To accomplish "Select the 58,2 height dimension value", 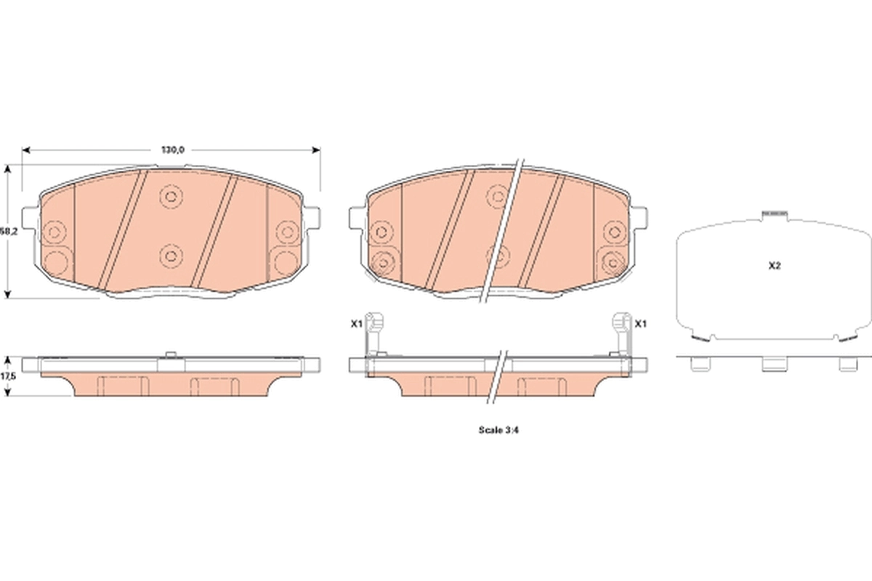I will (8, 231).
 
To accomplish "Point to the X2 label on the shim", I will (774, 266).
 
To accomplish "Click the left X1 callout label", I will (355, 324).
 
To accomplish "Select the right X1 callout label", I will (640, 324).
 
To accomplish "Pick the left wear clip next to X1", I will (374, 333).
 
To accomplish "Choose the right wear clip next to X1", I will (621, 333).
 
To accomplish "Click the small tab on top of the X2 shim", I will (774, 213).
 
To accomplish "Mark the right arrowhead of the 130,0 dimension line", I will (316, 150).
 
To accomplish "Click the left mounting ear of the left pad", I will (29, 217).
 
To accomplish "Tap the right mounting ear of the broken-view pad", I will (642, 217).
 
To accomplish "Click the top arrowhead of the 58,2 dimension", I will (8, 168).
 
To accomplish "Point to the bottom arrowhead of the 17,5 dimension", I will (8, 393).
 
